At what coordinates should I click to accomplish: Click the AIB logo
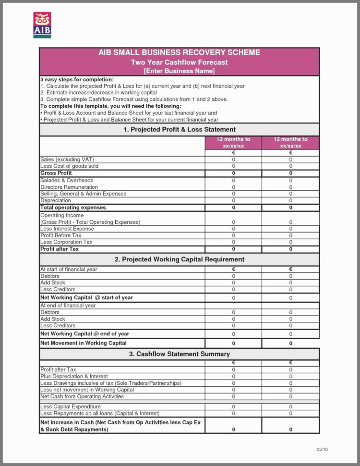point(42,25)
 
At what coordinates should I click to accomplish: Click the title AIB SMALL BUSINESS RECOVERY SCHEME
point(179,52)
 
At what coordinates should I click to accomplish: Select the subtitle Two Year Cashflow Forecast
point(179,62)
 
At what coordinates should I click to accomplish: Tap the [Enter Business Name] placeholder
point(179,71)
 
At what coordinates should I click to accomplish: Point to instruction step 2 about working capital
point(98,92)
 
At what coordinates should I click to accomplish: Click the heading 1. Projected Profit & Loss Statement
point(179,129)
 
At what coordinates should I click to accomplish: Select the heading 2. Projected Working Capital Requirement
point(179,259)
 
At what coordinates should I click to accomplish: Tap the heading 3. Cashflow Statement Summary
point(179,354)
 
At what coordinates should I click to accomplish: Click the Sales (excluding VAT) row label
point(67,159)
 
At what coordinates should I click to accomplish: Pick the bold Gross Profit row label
point(56,173)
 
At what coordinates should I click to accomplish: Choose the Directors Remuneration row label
point(69,187)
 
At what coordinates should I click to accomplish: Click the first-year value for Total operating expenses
point(234,208)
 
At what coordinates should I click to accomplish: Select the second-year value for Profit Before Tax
point(290,235)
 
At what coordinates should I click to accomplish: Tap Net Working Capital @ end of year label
point(84,333)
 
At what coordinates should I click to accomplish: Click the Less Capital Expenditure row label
point(70,406)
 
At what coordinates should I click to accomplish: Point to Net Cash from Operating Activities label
point(82,396)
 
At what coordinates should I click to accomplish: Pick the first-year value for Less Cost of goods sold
point(234,166)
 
